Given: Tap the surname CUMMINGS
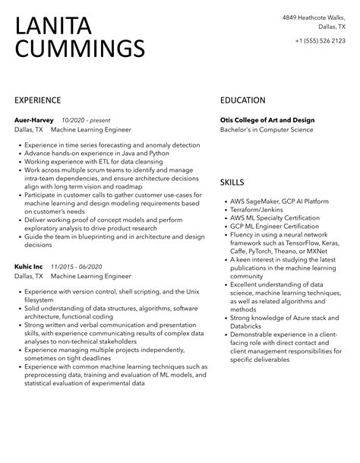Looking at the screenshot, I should (80, 49).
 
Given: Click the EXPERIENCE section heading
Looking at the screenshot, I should (37, 100).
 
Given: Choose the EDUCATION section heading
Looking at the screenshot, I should (243, 100).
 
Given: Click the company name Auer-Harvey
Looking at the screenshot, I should (34, 120).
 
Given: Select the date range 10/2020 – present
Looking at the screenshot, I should (87, 120).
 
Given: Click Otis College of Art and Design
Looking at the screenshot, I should (267, 120).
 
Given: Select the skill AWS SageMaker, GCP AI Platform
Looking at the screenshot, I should (279, 201).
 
